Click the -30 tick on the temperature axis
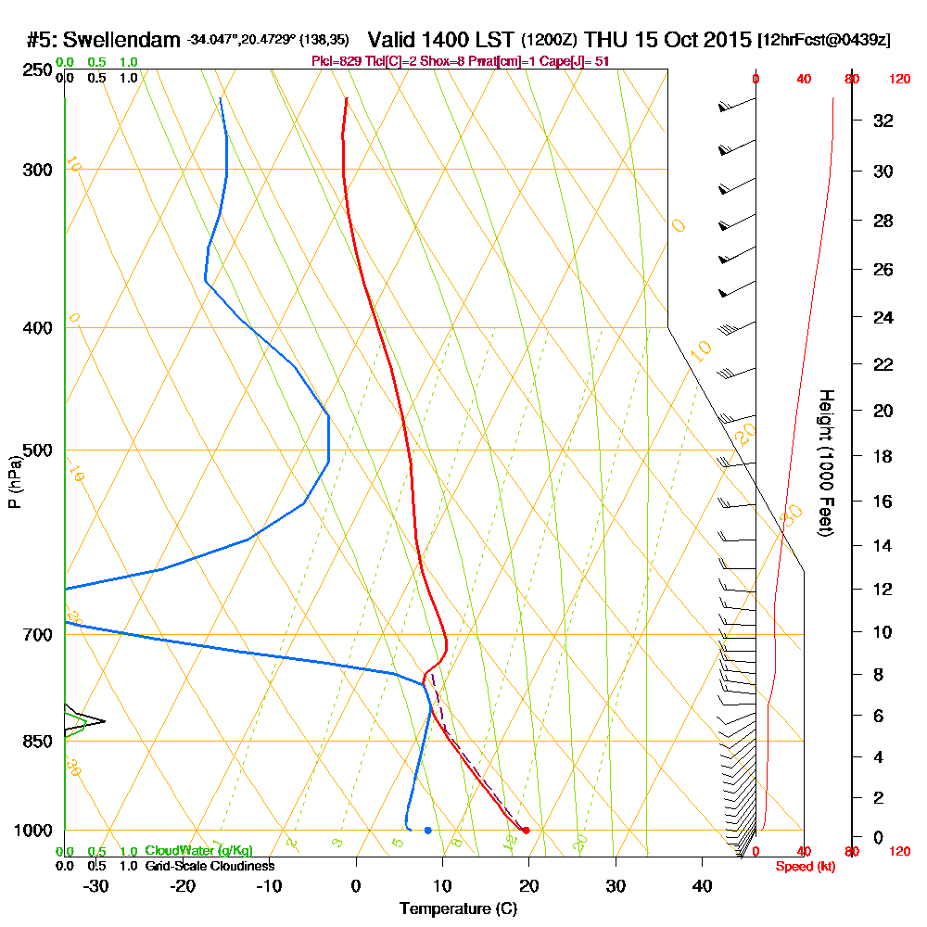click(96, 885)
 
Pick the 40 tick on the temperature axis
click(702, 885)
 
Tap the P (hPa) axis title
click(14, 482)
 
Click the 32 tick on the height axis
click(883, 121)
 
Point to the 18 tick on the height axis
click(883, 456)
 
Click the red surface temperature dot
click(526, 831)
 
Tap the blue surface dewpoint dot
click(427, 831)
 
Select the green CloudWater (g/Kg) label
click(198, 851)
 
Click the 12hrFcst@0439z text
click(824, 41)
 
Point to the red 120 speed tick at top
click(899, 79)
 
